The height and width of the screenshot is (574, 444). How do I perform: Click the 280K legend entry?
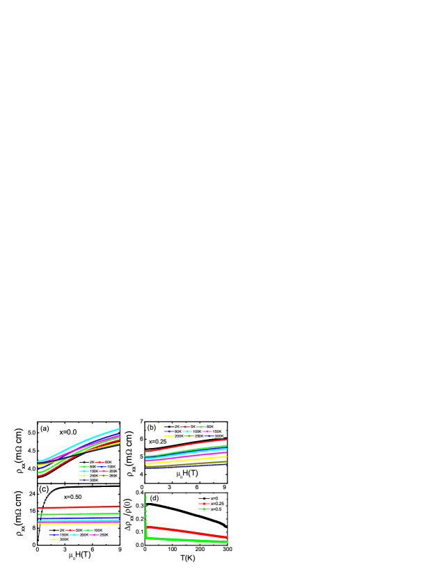pos(113,475)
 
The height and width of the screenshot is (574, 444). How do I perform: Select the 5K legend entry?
pos(192,426)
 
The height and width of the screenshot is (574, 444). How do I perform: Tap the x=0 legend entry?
pos(214,498)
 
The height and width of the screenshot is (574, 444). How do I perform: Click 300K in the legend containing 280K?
pos(94,480)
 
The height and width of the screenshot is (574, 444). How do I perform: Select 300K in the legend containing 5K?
pos(219,436)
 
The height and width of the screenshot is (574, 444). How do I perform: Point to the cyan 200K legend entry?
pos(84,534)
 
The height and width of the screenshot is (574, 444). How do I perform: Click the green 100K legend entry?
pos(98,530)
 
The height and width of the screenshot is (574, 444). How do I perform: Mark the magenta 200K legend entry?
pos(113,471)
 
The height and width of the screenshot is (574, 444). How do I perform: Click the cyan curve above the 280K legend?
pos(90,440)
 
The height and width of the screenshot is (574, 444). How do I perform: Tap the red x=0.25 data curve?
pos(188,531)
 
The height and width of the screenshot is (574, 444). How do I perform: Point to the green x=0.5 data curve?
pos(188,539)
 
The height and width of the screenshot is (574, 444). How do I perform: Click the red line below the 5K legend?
pos(188,445)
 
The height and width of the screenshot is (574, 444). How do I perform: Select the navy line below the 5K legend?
pos(188,465)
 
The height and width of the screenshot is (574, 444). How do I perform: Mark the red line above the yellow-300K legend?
pos(77,507)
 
